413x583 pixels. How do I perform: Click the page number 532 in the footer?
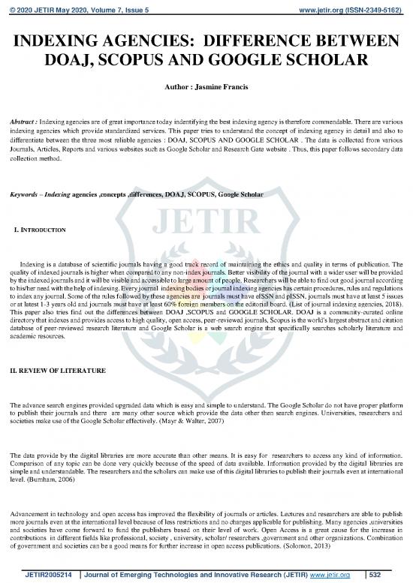coord(380,572)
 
